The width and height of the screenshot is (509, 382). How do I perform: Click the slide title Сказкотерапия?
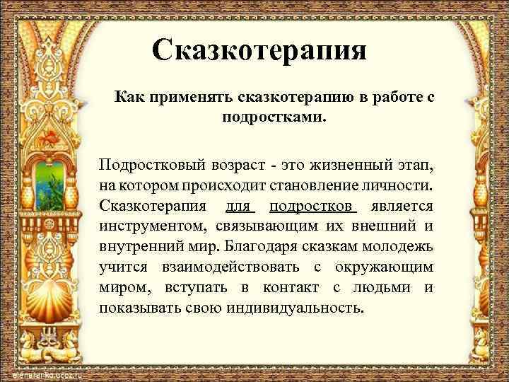pyautogui.click(x=259, y=50)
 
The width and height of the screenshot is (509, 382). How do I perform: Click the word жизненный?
pyautogui.click(x=339, y=165)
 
